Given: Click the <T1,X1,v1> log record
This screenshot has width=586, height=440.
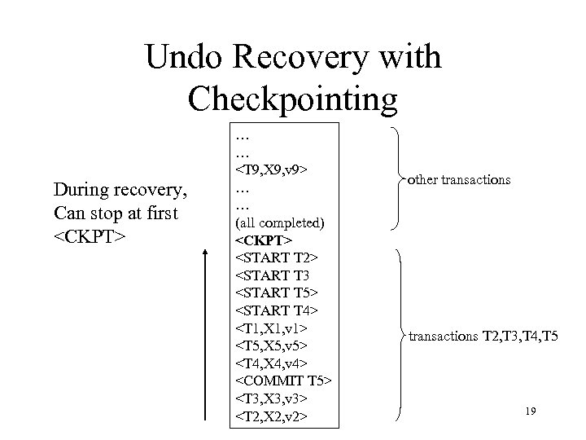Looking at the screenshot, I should pyautogui.click(x=270, y=330).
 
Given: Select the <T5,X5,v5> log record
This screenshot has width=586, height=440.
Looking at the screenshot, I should pyautogui.click(x=270, y=347).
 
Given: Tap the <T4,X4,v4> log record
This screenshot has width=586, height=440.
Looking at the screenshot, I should pyautogui.click(x=270, y=365).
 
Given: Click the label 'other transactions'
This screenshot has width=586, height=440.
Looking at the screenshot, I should pyautogui.click(x=460, y=179).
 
